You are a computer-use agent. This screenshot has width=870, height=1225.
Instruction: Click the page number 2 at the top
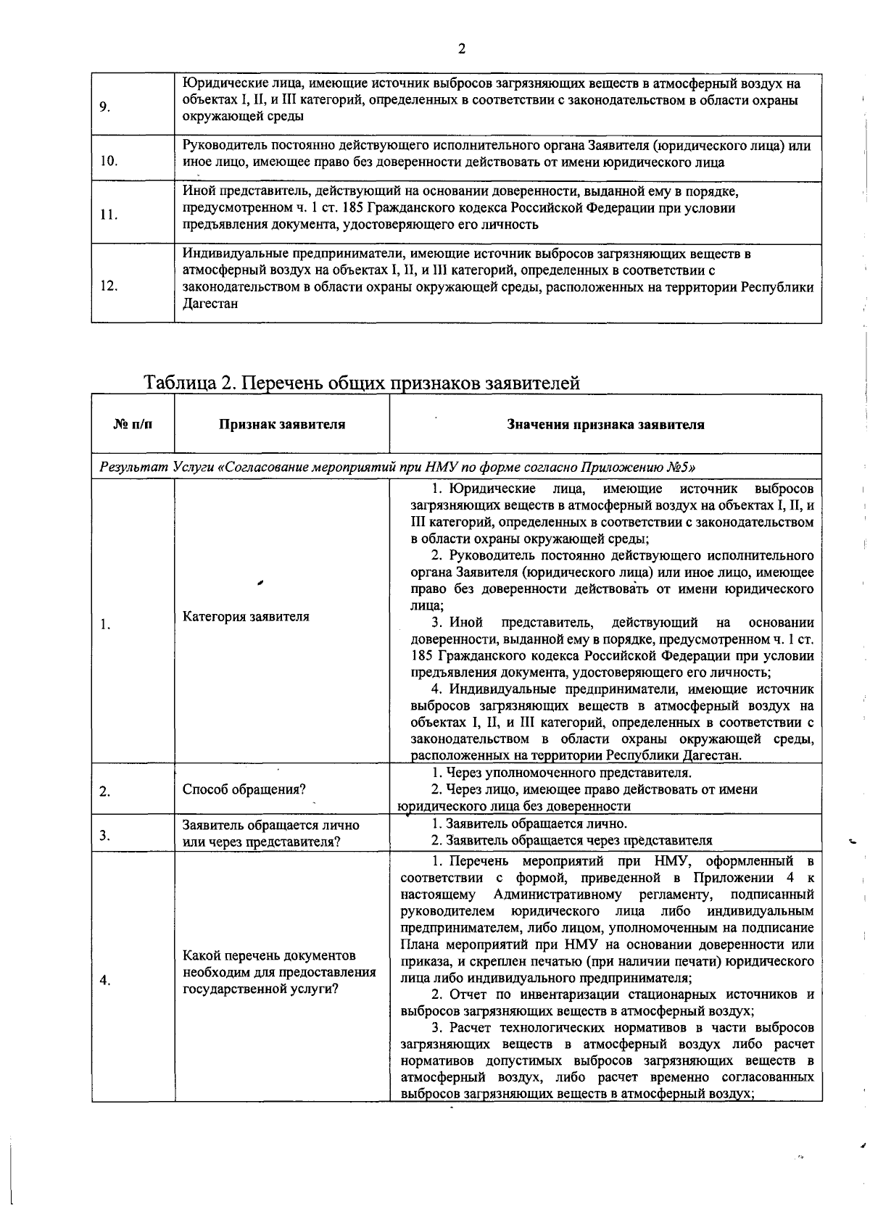[x=462, y=49]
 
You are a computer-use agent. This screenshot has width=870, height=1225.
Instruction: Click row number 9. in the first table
[x=104, y=108]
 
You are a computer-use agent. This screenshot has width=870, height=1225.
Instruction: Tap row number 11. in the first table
[x=109, y=215]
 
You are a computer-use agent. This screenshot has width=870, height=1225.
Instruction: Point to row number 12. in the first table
[x=109, y=286]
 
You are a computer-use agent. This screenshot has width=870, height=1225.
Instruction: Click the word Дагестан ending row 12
[x=210, y=304]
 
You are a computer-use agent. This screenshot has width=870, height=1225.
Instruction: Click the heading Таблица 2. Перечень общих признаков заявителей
[x=362, y=382]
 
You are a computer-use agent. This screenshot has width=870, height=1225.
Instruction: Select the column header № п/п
[x=133, y=425]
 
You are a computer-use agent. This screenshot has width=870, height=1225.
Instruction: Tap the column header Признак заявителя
[x=282, y=425]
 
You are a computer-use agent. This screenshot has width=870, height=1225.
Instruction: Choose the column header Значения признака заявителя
[x=605, y=425]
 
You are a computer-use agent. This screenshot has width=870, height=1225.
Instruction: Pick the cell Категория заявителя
[x=246, y=617]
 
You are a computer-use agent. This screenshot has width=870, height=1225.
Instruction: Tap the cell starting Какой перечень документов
[x=279, y=972]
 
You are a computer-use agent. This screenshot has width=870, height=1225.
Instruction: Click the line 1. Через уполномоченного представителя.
[x=561, y=773]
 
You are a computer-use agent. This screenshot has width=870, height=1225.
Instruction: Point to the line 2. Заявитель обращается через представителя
[x=571, y=840]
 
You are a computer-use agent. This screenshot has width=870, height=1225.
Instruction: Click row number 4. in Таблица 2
[x=105, y=981]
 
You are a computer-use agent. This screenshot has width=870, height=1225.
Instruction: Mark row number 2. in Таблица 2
[x=105, y=791]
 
